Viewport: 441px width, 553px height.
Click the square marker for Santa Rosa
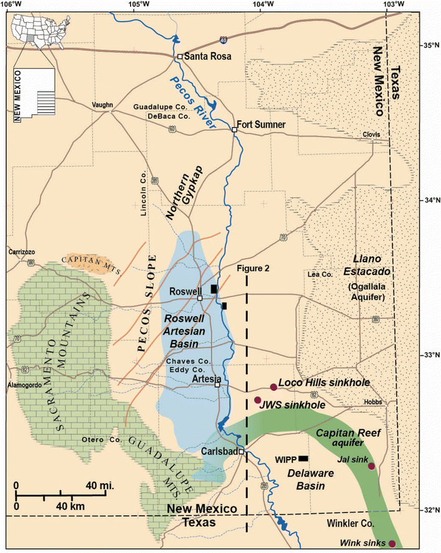coord(180,57)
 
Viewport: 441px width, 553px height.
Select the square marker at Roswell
coord(200,298)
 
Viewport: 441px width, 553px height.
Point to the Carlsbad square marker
coord(241,452)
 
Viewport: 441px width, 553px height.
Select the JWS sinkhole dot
coord(258,400)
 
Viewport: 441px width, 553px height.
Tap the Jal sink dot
coord(371,466)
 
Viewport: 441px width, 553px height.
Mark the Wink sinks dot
coord(392,544)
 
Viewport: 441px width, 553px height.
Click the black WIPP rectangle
coord(303,459)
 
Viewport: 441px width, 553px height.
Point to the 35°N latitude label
coord(427,45)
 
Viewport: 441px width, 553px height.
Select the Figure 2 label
coord(256,267)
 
